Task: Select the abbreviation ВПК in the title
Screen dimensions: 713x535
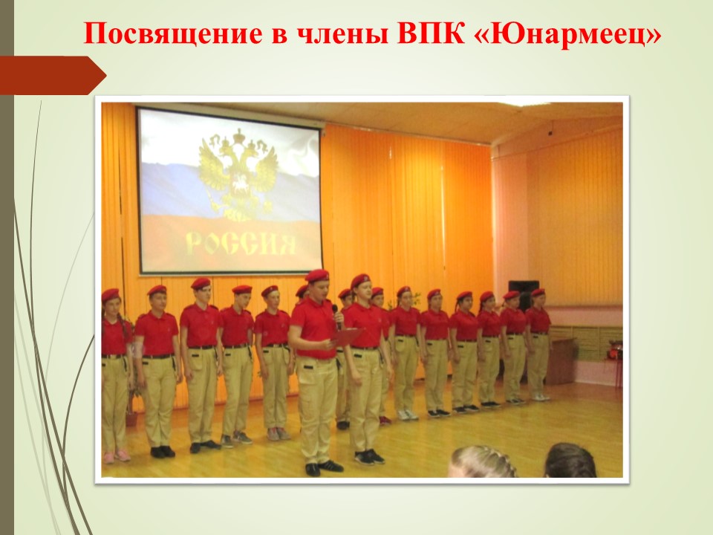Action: click(x=431, y=33)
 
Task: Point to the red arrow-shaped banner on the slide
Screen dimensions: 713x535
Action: click(x=53, y=75)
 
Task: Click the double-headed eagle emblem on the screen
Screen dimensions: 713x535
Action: click(x=238, y=174)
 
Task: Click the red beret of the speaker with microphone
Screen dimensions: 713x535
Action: click(x=317, y=276)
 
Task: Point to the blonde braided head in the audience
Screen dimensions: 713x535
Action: click(x=484, y=462)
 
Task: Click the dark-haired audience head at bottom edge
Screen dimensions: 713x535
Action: click(x=570, y=461)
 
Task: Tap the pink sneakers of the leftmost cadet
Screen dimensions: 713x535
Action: click(x=117, y=455)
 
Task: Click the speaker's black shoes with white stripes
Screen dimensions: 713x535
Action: click(x=324, y=467)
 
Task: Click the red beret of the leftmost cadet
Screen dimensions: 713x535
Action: click(x=111, y=295)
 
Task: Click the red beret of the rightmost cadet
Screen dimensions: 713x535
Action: click(x=538, y=292)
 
